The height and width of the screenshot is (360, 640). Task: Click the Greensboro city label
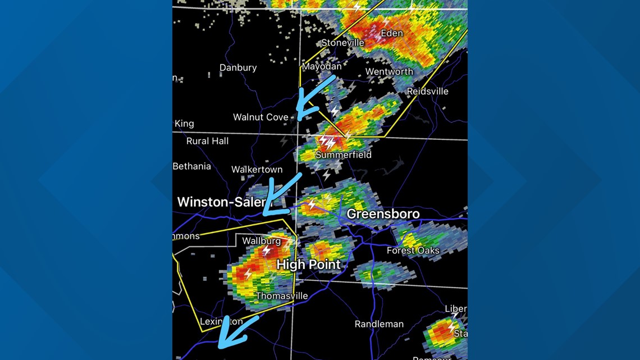(383, 214)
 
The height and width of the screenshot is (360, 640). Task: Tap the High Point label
(308, 265)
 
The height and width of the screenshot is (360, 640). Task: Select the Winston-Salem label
(221, 202)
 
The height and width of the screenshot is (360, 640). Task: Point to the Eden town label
(391, 33)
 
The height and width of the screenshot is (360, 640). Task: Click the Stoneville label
(342, 43)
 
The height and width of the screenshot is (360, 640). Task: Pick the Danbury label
(238, 67)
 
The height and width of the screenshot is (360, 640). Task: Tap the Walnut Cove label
(260, 117)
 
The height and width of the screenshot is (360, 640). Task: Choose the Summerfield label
(343, 154)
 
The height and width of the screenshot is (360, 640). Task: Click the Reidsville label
(427, 91)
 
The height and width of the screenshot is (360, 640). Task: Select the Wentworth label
(389, 71)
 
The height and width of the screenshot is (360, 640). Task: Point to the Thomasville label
(282, 295)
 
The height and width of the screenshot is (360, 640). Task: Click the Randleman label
(379, 324)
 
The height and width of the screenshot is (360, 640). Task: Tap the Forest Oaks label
(413, 250)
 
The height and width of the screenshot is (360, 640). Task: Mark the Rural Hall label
(207, 141)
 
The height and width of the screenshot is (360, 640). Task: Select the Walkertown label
(257, 169)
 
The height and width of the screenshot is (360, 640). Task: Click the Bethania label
(192, 166)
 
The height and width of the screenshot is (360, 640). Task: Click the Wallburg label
(261, 241)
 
